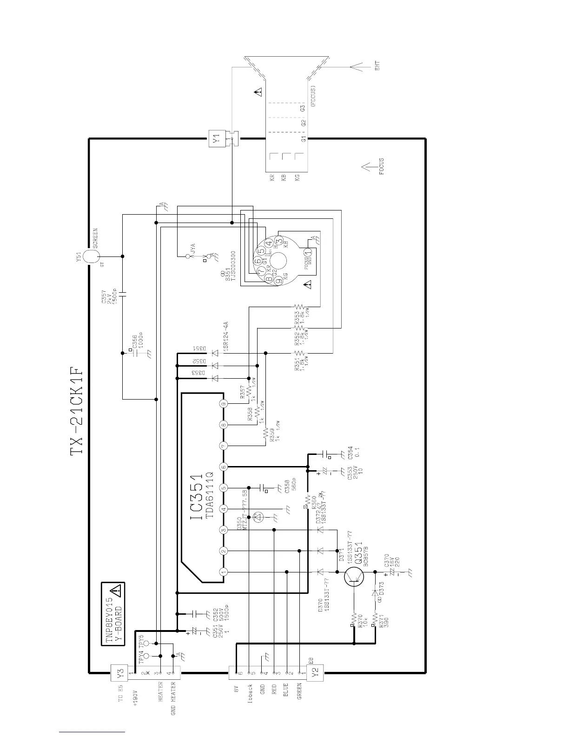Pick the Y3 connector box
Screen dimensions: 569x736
[x=119, y=672]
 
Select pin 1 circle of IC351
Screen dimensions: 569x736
[x=224, y=572]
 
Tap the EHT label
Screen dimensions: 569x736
[x=377, y=66]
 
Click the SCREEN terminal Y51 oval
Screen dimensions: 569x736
[x=92, y=256]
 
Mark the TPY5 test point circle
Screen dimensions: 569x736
[x=146, y=644]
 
